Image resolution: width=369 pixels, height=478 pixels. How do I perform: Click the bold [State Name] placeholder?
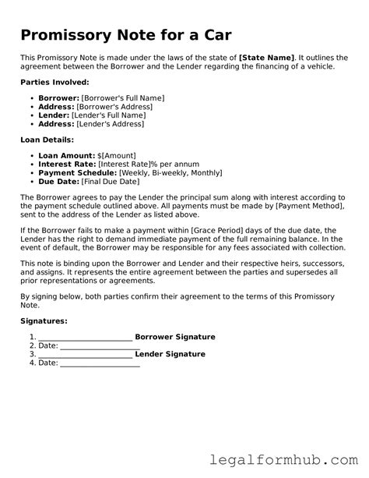tap(267, 58)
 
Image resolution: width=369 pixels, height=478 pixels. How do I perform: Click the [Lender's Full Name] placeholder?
tap(108, 115)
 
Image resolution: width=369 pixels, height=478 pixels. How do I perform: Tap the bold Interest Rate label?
tap(67, 165)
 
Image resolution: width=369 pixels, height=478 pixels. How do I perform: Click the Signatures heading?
tap(44, 320)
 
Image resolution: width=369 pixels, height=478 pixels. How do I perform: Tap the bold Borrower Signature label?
tap(175, 337)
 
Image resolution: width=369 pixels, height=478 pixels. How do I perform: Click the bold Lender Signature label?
tap(170, 354)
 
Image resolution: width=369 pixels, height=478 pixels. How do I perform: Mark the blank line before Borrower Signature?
tap(86, 338)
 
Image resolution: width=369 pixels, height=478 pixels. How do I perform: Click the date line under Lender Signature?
tap(100, 364)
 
